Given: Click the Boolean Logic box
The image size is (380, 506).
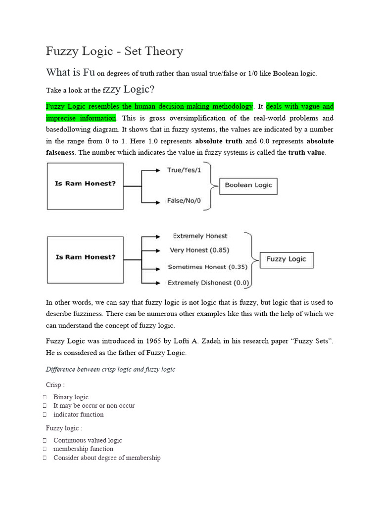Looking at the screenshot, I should tap(248, 186).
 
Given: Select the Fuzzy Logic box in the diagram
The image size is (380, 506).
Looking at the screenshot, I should tap(286, 259).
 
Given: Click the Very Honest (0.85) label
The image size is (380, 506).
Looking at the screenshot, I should tap(199, 250).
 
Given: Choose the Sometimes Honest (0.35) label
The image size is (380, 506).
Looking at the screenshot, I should tap(204, 267).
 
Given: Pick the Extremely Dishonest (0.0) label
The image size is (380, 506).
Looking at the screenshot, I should tap(208, 283).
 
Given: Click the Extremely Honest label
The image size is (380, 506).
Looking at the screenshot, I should tap(200, 236).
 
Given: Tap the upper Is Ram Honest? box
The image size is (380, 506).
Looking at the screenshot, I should tap(85, 186).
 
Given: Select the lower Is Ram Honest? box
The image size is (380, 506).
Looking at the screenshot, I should tap(85, 259).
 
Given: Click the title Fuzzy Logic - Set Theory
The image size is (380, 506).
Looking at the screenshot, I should tap(114, 51).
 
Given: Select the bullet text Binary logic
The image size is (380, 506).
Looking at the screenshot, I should tap(71, 397).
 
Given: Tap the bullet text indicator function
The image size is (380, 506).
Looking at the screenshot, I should tap(79, 415).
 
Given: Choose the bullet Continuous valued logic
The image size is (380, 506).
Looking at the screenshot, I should tap(88, 440).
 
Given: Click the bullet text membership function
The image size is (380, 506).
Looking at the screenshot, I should tap(83, 449).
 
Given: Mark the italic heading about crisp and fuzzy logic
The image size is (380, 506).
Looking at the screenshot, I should tap(110, 369).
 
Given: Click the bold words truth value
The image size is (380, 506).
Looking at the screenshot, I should tap(306, 152).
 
